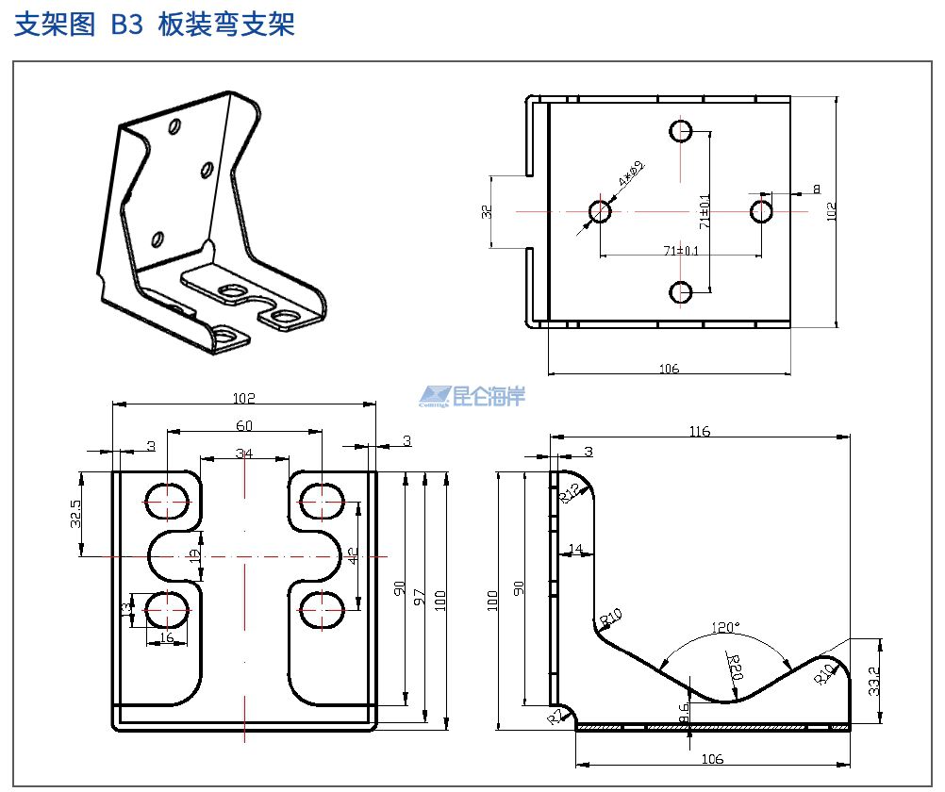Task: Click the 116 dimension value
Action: point(699,431)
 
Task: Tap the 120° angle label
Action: point(726,627)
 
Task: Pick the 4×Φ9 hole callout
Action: point(630,173)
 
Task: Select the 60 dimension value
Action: point(244,425)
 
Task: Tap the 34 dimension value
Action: point(244,453)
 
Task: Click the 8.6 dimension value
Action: point(684,713)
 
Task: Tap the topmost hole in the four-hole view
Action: point(681,130)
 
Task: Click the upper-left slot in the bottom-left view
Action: point(168,500)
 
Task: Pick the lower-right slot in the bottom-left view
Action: point(321,609)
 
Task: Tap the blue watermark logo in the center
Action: point(472,396)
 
